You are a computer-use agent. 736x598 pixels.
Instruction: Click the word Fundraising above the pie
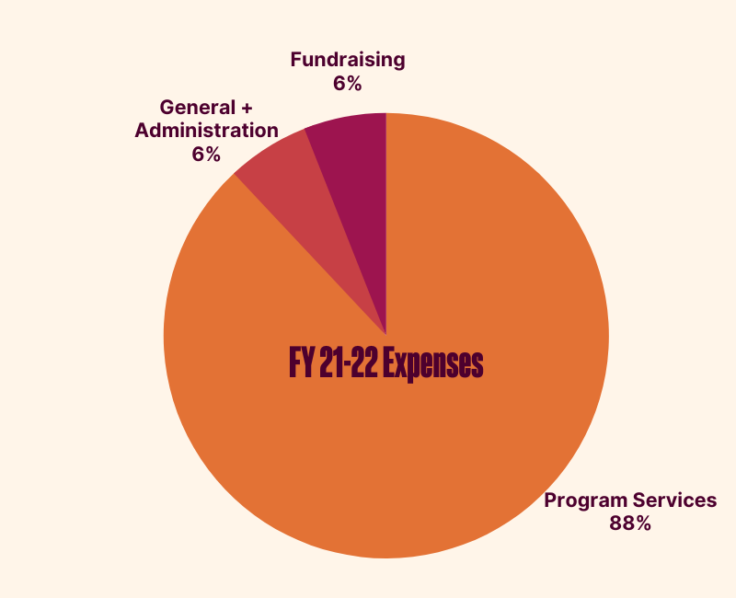(348, 61)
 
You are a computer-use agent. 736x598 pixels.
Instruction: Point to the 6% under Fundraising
(348, 84)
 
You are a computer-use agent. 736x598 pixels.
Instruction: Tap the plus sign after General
(246, 108)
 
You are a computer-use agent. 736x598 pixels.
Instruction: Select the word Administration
(206, 131)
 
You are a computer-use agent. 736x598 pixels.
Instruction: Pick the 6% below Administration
(206, 154)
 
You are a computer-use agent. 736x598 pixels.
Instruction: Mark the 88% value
(630, 523)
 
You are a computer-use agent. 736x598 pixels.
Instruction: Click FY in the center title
(302, 364)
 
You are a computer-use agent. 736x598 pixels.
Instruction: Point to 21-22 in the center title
(347, 364)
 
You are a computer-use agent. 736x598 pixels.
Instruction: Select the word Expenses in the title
(432, 364)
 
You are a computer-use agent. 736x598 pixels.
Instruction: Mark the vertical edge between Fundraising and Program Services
(386, 221)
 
